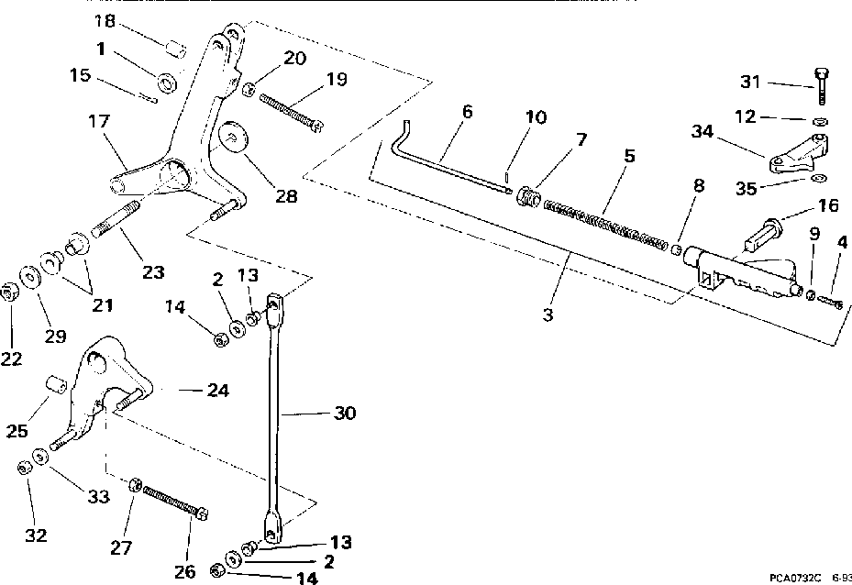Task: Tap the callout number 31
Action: (751, 83)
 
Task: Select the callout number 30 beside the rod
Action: (343, 413)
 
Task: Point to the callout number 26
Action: (184, 572)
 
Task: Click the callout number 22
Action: (11, 359)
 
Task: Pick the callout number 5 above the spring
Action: (628, 156)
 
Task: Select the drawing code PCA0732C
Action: (794, 578)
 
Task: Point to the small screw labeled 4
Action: (829, 300)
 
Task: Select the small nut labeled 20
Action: (249, 89)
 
